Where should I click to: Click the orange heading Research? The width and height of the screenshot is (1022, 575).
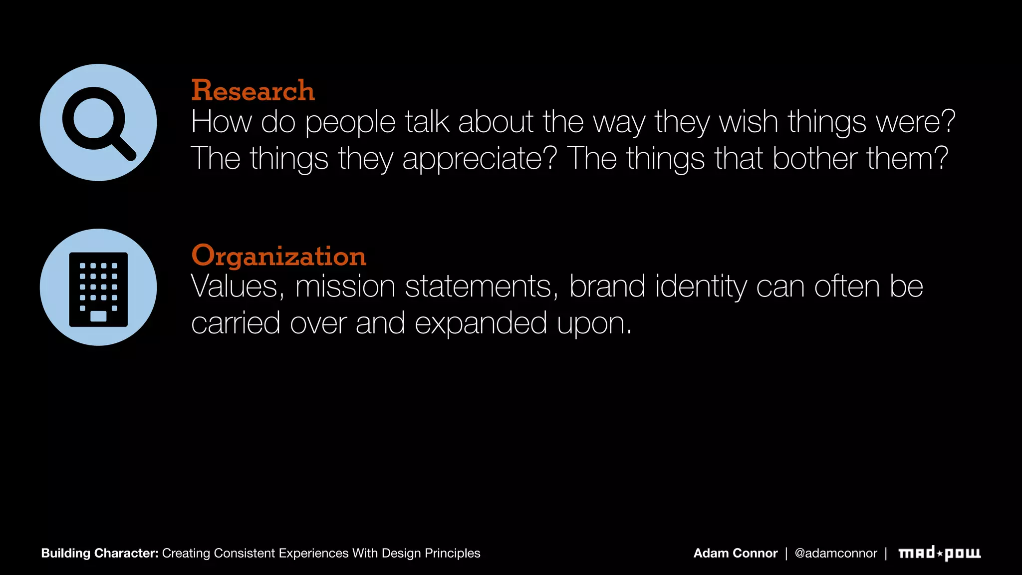[x=253, y=91]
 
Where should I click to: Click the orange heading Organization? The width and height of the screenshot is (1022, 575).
[x=278, y=256]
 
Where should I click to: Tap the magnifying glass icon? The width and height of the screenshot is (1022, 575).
[x=98, y=123]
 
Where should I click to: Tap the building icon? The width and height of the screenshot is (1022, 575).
[x=98, y=289]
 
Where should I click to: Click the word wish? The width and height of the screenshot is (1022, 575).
[x=748, y=122]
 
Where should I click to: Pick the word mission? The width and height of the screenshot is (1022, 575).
[x=345, y=287]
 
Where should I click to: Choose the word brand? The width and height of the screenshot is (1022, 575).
[x=607, y=287]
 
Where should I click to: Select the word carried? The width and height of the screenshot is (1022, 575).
[x=236, y=323]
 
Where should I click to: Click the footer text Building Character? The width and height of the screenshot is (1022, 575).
[x=100, y=553]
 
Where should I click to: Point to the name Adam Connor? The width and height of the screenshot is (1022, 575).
[x=735, y=553]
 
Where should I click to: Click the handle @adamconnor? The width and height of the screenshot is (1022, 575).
[x=835, y=553]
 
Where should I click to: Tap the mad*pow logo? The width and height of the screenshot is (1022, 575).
[x=939, y=553]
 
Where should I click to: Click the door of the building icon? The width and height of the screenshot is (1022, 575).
[x=98, y=316]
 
